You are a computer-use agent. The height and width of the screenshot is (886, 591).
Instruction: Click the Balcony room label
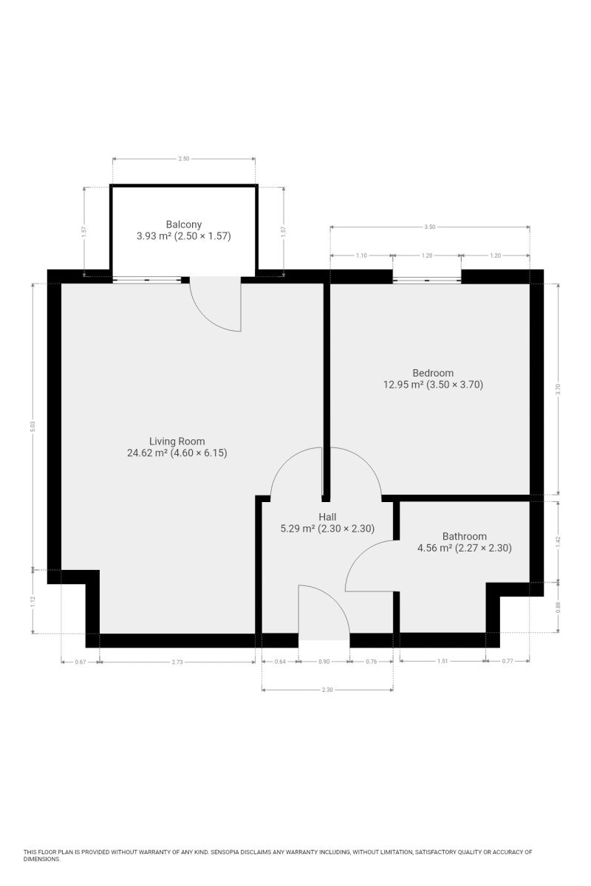coord(184,224)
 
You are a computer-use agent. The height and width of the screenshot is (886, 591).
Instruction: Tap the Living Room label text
coord(177,441)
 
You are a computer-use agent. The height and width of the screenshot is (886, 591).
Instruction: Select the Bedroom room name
coord(433,373)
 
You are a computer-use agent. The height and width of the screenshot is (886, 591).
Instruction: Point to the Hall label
coord(327,517)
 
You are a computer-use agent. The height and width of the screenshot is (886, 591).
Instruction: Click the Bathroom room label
coord(465,536)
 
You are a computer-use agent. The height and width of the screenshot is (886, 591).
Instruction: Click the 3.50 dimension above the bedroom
coord(429,227)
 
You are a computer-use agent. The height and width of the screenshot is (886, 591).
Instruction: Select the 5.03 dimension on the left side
coord(33,426)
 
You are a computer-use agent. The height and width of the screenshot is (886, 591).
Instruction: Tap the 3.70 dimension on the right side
coord(558,389)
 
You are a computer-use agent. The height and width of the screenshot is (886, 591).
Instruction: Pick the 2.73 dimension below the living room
coord(178,662)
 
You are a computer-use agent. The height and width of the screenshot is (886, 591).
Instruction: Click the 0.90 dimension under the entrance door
coord(324,662)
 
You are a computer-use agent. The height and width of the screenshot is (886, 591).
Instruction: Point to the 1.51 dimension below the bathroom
coord(443,661)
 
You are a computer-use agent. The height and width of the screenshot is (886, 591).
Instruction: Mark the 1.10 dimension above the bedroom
coord(361,255)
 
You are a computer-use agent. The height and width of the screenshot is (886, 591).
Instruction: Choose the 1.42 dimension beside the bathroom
coord(558,542)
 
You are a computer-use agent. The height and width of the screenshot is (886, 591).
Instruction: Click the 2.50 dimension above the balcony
coord(184,159)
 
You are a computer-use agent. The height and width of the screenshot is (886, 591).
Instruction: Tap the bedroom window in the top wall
coord(427,280)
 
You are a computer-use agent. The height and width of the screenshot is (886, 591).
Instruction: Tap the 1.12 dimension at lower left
coord(33,602)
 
